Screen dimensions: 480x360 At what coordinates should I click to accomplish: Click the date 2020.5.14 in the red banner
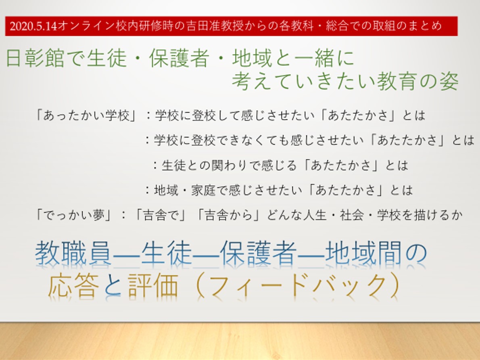coord(33,26)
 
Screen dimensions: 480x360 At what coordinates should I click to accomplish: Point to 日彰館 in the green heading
coord(35,58)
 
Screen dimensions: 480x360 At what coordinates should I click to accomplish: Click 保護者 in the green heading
coord(179,58)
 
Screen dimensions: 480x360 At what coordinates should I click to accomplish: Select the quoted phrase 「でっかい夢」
coord(74,215)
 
